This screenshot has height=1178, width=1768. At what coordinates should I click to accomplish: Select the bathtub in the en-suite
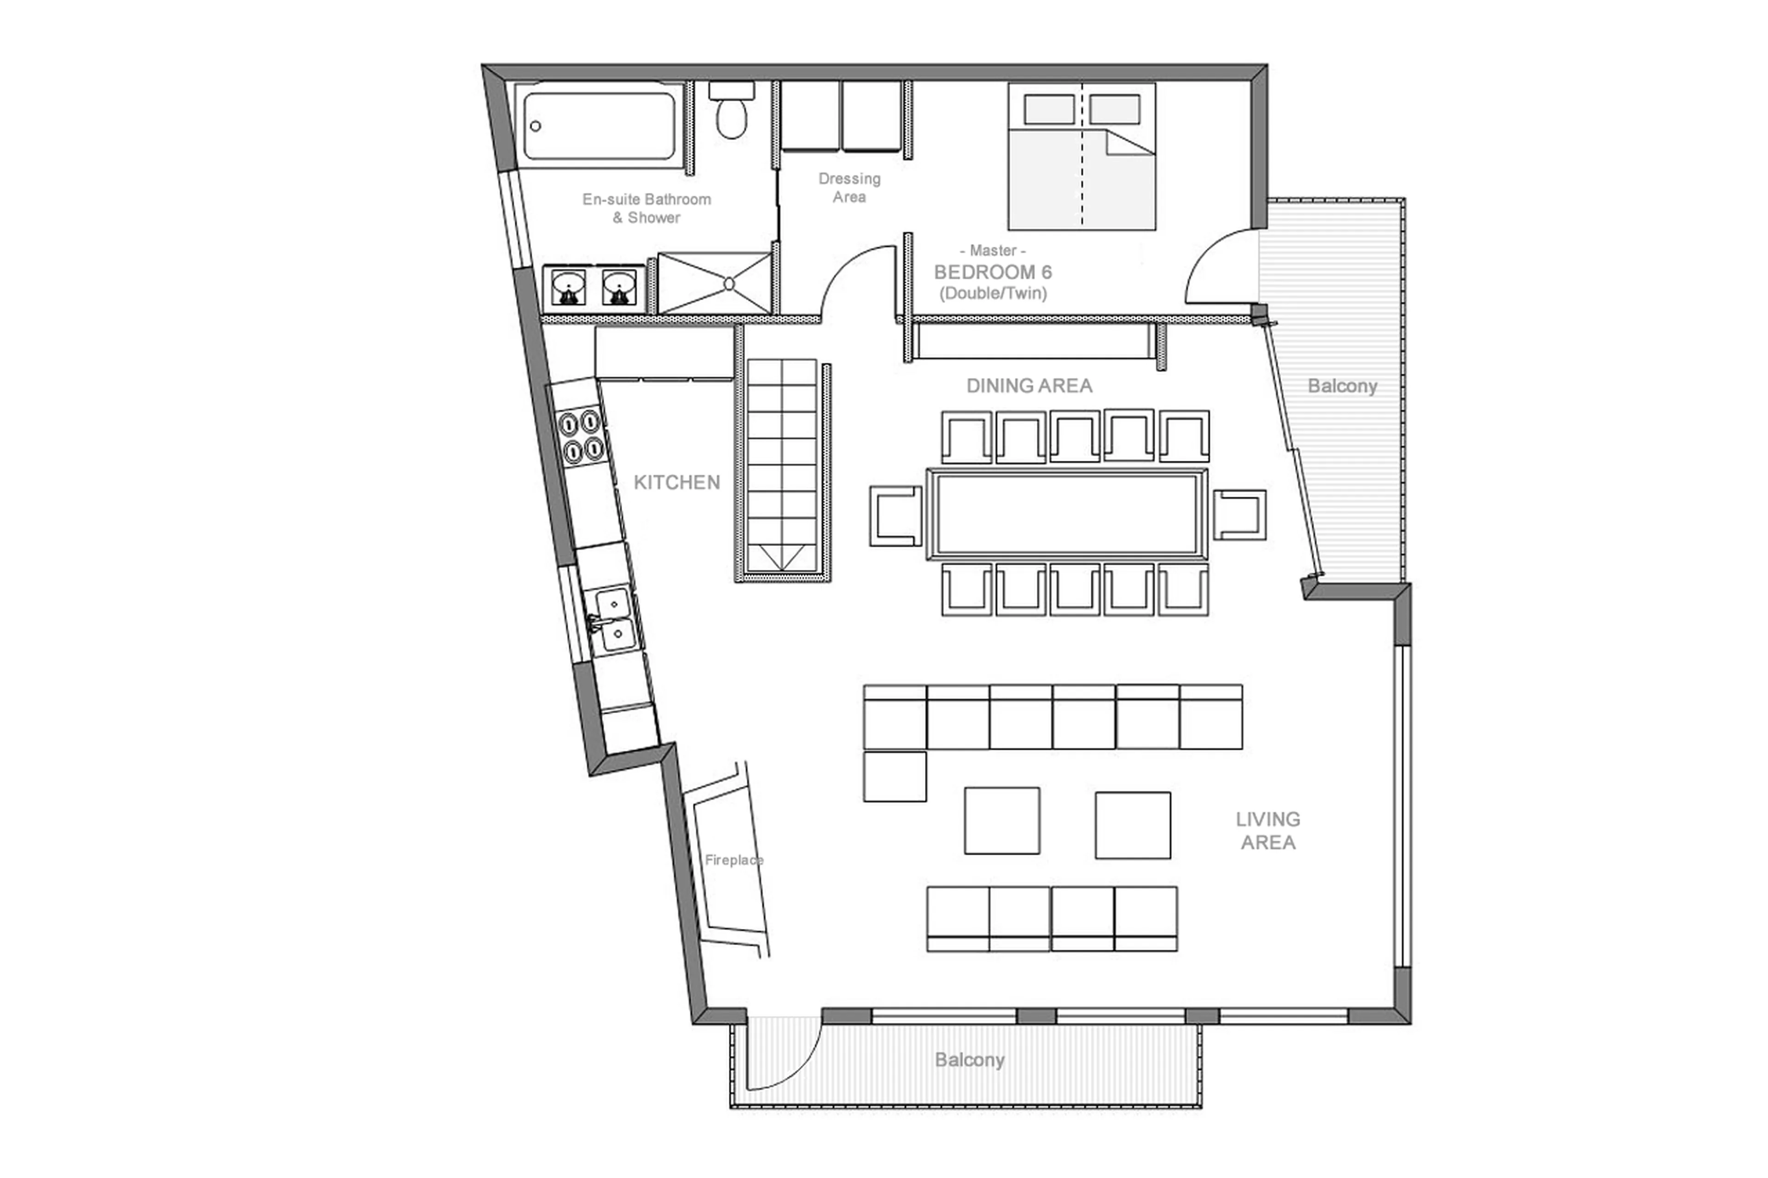(599, 126)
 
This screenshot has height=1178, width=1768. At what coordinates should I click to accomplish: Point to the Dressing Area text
(849, 188)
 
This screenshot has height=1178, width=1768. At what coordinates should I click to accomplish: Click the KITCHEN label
(676, 482)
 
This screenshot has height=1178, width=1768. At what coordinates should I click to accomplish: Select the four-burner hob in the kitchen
(582, 436)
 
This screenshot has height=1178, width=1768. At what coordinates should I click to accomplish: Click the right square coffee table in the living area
(1132, 825)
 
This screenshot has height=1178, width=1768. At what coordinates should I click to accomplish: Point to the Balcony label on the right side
(1342, 386)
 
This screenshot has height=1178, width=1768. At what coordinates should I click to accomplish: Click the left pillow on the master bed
(1049, 110)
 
